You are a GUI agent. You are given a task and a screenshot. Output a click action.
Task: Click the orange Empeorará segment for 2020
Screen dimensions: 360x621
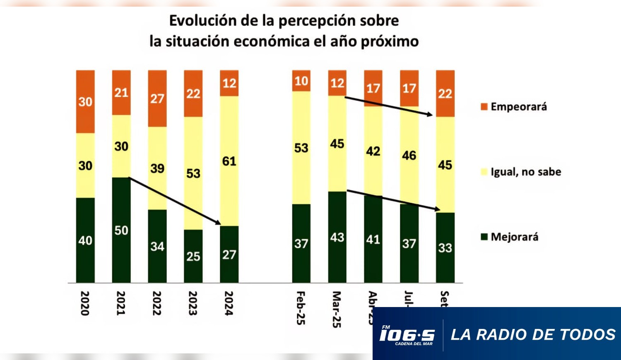point(85,101)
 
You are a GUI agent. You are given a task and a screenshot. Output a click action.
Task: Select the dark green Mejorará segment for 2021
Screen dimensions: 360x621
point(121,230)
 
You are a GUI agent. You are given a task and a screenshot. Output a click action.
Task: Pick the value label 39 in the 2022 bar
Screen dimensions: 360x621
point(157,168)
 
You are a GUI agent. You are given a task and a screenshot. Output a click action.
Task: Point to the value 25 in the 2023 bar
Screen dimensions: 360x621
point(193,257)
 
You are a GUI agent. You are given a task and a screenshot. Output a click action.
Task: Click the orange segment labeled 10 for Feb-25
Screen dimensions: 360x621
point(301,81)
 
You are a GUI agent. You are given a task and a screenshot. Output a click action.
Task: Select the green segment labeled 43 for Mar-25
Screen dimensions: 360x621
point(337,237)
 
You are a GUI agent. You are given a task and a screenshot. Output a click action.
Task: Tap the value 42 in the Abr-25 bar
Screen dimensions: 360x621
point(373,151)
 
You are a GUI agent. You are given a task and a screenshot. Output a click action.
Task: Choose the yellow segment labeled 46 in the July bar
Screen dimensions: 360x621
point(409,155)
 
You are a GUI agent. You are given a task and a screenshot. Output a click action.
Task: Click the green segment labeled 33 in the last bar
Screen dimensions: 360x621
point(445,247)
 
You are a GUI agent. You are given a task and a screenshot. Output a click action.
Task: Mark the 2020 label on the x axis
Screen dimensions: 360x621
point(85,303)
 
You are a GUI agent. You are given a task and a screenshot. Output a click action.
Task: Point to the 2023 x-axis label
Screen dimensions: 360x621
point(193,303)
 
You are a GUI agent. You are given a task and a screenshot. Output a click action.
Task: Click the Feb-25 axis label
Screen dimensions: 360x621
point(301,308)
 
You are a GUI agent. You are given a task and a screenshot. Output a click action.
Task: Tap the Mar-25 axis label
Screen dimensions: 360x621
point(337,310)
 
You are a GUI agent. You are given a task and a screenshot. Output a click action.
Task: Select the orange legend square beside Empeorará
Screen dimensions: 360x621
point(484,107)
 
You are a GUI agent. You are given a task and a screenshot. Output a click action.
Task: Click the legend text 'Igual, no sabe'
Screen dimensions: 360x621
point(526,172)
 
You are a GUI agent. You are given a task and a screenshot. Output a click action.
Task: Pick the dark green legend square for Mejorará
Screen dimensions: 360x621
point(484,237)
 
